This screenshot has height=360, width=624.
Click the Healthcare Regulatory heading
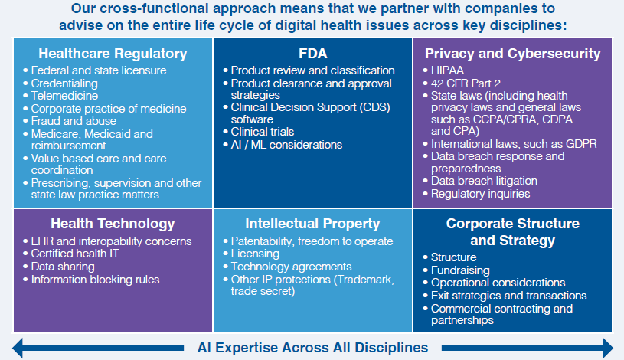pyautogui.click(x=113, y=54)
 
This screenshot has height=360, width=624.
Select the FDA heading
pyautogui.click(x=313, y=54)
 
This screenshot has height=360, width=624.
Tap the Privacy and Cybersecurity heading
pyautogui.click(x=512, y=54)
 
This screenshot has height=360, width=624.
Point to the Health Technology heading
pyautogui.click(x=113, y=224)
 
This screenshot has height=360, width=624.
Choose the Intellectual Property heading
pyautogui.click(x=312, y=224)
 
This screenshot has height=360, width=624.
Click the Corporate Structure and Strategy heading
pyautogui.click(x=512, y=232)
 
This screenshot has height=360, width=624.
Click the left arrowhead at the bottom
pyautogui.click(x=18, y=348)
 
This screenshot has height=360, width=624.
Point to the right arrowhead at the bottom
pyautogui.click(x=608, y=348)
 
